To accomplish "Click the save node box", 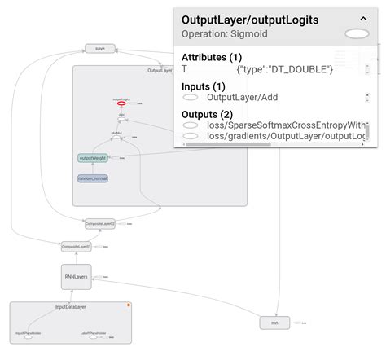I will pyautogui.click(x=100, y=48).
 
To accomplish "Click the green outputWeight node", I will pyautogui.click(x=93, y=157).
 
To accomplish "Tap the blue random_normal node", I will pyautogui.click(x=93, y=178).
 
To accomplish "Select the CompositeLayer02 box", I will pyautogui.click(x=100, y=222).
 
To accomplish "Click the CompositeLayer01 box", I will pyautogui.click(x=76, y=245).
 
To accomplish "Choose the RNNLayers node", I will pyautogui.click(x=76, y=277).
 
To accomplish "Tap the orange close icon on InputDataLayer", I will pyautogui.click(x=128, y=305).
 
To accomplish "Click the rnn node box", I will pyautogui.click(x=274, y=323).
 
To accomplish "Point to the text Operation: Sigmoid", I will pyautogui.click(x=225, y=34).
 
